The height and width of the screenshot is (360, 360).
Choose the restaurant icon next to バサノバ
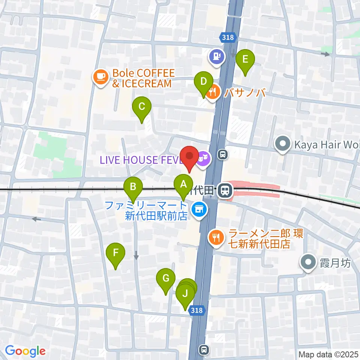click(213, 92)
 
